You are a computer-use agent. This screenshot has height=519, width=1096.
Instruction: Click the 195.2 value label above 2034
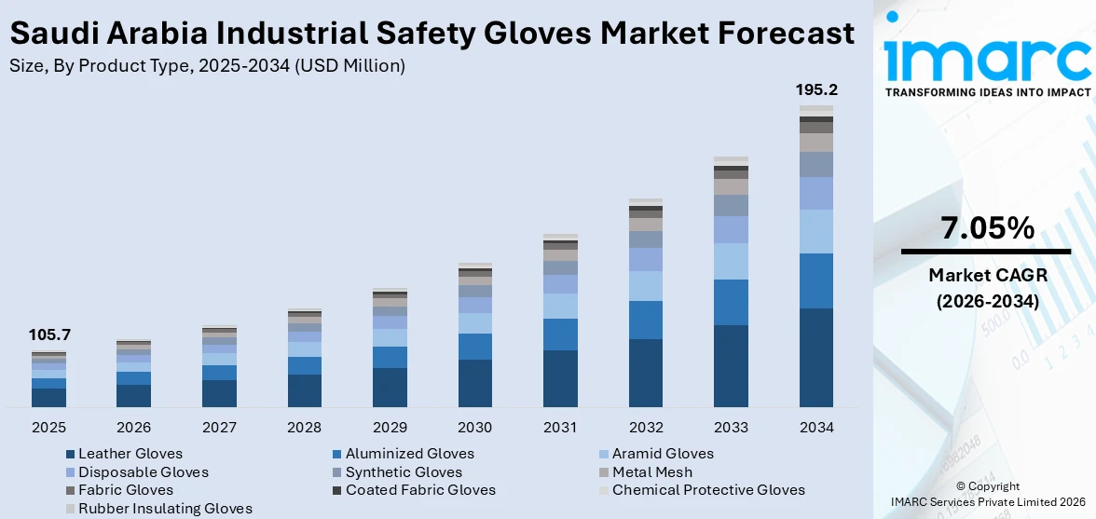pyautogui.click(x=815, y=90)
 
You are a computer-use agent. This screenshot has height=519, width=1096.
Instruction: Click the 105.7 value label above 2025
pyautogui.click(x=49, y=335)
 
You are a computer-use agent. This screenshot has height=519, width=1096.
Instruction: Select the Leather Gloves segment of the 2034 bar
pyautogui.click(x=815, y=358)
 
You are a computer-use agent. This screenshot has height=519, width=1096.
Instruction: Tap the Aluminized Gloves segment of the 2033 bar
pyautogui.click(x=731, y=302)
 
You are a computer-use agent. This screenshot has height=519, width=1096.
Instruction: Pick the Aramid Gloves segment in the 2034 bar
pyautogui.click(x=815, y=231)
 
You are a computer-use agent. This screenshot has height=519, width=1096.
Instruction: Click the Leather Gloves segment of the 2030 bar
pyautogui.click(x=474, y=383)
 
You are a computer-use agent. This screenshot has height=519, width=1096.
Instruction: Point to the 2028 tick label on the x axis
pyautogui.click(x=304, y=428)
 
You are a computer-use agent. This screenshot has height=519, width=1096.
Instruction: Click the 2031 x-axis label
pyautogui.click(x=560, y=428)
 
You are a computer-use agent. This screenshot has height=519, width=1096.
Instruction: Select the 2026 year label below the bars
pyautogui.click(x=133, y=428)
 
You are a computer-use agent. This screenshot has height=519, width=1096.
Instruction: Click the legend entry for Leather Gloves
pyautogui.click(x=130, y=454)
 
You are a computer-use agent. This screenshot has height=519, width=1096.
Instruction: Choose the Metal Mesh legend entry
pyautogui.click(x=651, y=472)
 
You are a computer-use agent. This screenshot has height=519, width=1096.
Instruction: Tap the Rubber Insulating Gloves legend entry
pyautogui.click(x=164, y=509)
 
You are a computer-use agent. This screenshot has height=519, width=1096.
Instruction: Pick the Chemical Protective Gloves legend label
pyautogui.click(x=707, y=490)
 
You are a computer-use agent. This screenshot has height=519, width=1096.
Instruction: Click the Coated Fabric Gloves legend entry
pyautogui.click(x=419, y=490)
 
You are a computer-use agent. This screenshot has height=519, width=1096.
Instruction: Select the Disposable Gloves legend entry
pyautogui.click(x=143, y=472)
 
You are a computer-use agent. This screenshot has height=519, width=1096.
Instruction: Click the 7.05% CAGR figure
pyautogui.click(x=987, y=228)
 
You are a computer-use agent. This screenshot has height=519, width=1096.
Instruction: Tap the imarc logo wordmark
pyautogui.click(x=987, y=58)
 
